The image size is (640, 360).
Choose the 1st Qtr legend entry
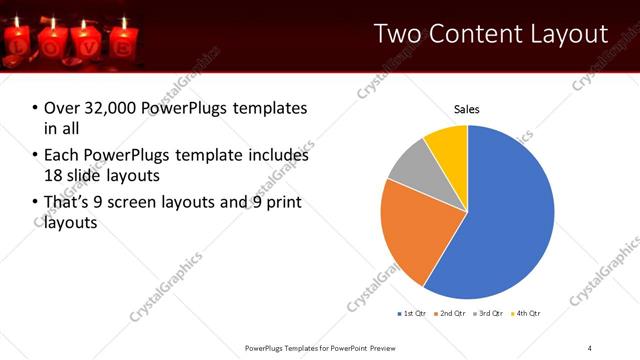412,314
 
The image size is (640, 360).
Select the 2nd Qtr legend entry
450,314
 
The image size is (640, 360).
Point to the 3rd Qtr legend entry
488,314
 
